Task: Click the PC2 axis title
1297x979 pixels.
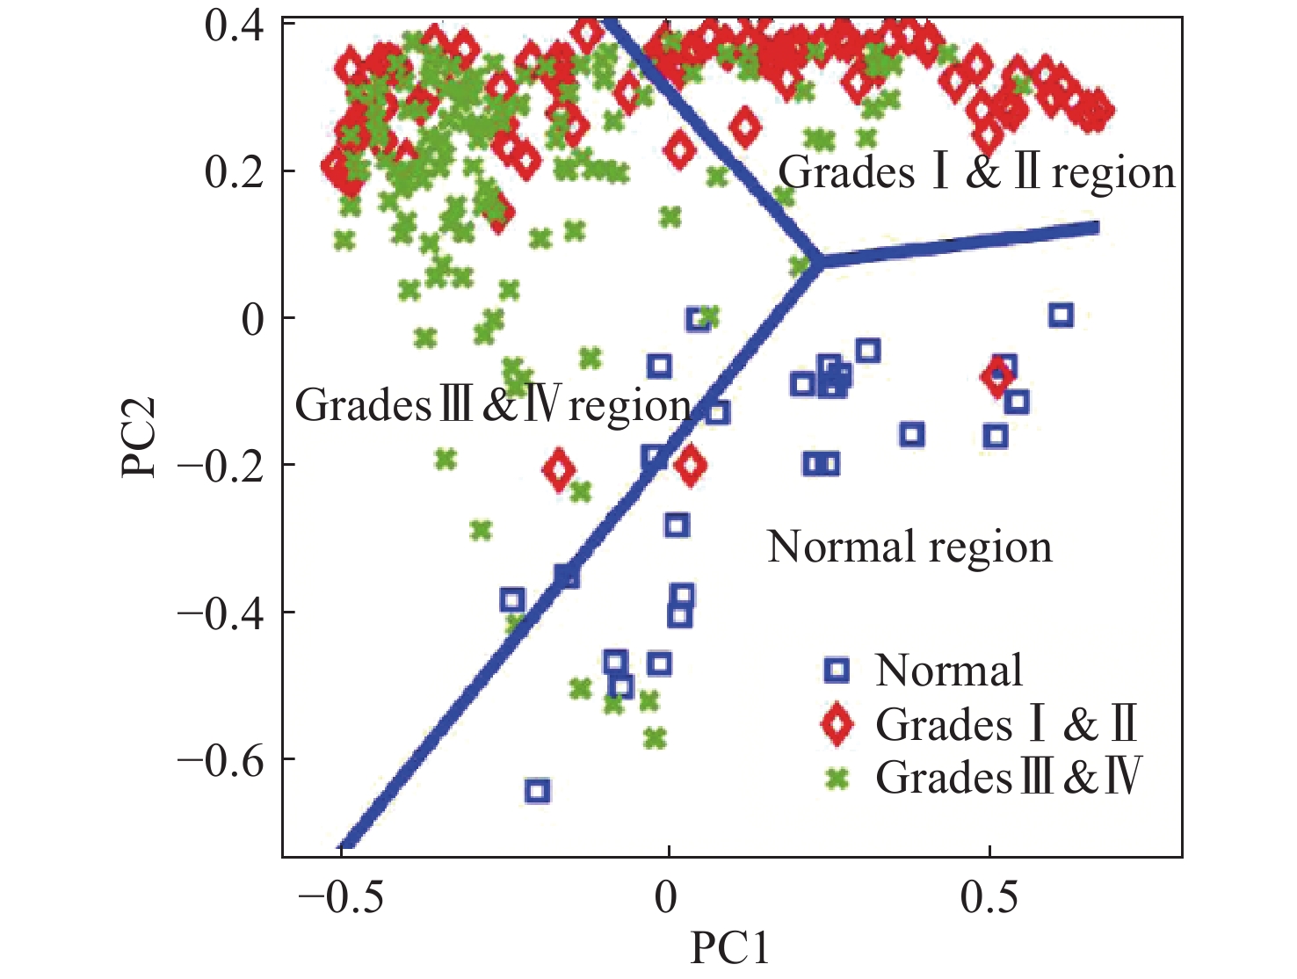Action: click(x=140, y=437)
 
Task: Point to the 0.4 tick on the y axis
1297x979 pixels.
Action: click(x=234, y=25)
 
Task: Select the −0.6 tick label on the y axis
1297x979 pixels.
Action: click(x=222, y=759)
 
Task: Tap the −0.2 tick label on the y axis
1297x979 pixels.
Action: click(x=222, y=465)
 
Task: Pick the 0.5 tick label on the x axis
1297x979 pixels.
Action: click(x=989, y=897)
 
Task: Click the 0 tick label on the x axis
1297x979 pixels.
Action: click(x=667, y=897)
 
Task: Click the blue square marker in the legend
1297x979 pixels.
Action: click(x=837, y=671)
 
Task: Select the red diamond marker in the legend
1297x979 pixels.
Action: click(x=837, y=724)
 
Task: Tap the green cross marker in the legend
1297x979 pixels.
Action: click(x=837, y=778)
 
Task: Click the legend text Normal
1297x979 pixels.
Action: click(x=949, y=671)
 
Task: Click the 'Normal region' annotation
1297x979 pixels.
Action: click(x=909, y=547)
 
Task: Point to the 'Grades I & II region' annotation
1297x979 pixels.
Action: click(x=976, y=172)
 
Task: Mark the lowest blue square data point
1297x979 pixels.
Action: click(x=538, y=791)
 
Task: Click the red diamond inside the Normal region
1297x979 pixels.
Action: click(x=996, y=377)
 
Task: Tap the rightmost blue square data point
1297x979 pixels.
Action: click(x=1061, y=315)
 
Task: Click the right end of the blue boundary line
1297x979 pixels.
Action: click(x=1096, y=228)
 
